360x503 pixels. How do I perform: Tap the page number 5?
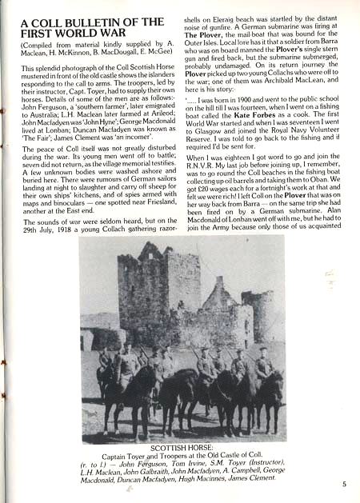[x=343, y=483]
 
